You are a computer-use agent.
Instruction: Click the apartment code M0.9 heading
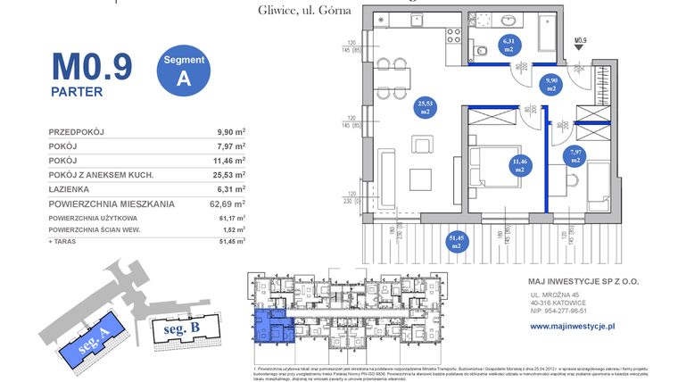click(92, 67)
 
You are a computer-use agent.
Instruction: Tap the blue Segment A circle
click(184, 69)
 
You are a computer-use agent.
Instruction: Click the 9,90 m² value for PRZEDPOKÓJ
click(230, 132)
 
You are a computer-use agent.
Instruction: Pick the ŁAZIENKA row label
click(73, 189)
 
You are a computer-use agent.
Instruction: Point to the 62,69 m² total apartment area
click(226, 204)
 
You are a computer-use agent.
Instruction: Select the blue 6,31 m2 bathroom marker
click(508, 46)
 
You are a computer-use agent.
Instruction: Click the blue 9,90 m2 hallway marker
click(550, 86)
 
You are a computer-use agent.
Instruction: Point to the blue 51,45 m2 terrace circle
click(456, 240)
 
